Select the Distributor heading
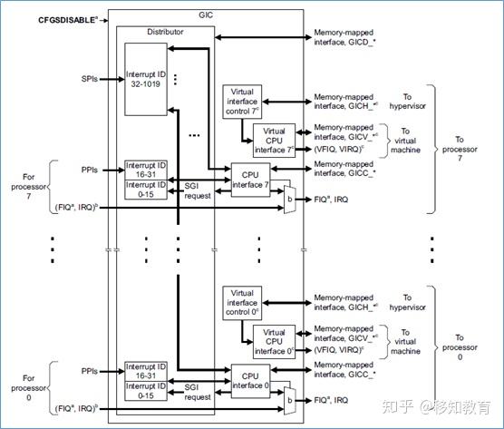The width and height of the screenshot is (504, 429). coord(165,31)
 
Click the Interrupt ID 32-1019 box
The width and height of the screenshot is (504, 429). coord(146,79)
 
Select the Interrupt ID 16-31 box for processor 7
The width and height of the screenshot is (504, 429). coord(146,169)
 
